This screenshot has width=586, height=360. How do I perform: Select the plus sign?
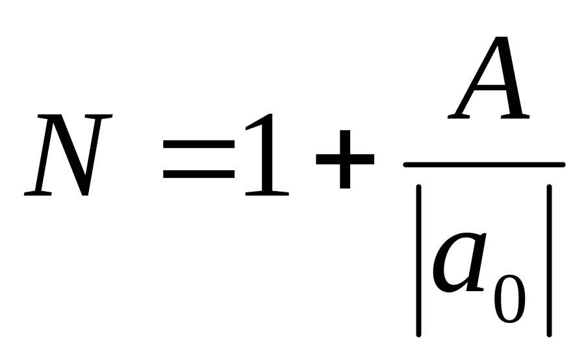pos(344,159)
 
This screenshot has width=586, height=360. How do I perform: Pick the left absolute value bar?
pos(419,260)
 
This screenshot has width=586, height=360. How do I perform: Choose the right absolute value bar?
pos(550,260)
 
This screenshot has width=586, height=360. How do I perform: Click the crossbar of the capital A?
pos(490,91)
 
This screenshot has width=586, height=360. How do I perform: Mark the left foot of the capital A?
pos(459,118)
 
